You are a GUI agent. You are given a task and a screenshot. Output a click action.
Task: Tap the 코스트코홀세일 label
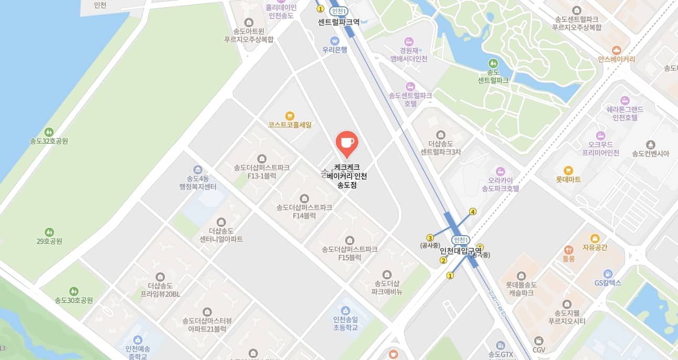coord(290,125)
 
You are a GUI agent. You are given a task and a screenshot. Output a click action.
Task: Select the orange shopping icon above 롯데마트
coord(568,170)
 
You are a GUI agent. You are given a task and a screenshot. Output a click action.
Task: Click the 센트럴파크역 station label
coord(338,22)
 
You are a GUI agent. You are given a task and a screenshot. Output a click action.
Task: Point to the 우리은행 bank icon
coord(334,40)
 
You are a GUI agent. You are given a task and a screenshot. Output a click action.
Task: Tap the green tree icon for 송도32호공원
coord(49,132)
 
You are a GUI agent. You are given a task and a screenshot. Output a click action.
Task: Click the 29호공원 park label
coord(49,241)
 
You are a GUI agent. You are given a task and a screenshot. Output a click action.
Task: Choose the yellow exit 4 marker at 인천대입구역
coord(473,212)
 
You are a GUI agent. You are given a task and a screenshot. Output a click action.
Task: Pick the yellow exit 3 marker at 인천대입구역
coord(430,238)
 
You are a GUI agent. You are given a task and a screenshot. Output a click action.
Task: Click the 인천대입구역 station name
coord(460,250)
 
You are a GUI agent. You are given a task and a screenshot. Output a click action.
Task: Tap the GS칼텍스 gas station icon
coord(608,273)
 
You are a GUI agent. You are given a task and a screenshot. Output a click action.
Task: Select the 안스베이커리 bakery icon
coord(617,50)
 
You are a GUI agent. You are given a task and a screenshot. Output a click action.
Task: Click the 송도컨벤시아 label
coord(651,153)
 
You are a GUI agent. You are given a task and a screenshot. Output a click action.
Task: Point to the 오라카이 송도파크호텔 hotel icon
coord(500,171)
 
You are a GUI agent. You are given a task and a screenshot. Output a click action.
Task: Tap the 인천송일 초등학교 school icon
coord(345,311)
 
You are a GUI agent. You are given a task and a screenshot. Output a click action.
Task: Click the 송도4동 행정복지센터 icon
coord(198,170)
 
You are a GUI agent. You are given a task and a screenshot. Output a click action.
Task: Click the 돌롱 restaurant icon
coord(569,250)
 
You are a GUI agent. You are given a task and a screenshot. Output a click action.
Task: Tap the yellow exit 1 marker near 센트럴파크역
coord(320,9)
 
